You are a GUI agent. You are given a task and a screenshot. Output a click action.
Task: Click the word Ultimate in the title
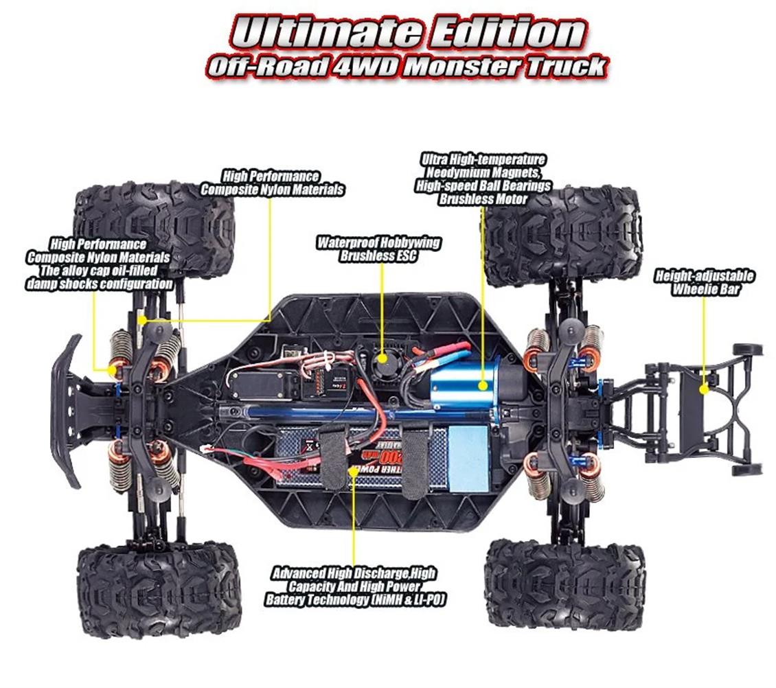pos(321,33)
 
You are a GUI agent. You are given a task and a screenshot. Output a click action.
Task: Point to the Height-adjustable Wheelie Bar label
pos(705,282)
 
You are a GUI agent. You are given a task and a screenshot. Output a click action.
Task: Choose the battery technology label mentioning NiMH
pos(354,586)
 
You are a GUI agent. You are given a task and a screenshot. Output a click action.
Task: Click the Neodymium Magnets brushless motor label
pos(483,179)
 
